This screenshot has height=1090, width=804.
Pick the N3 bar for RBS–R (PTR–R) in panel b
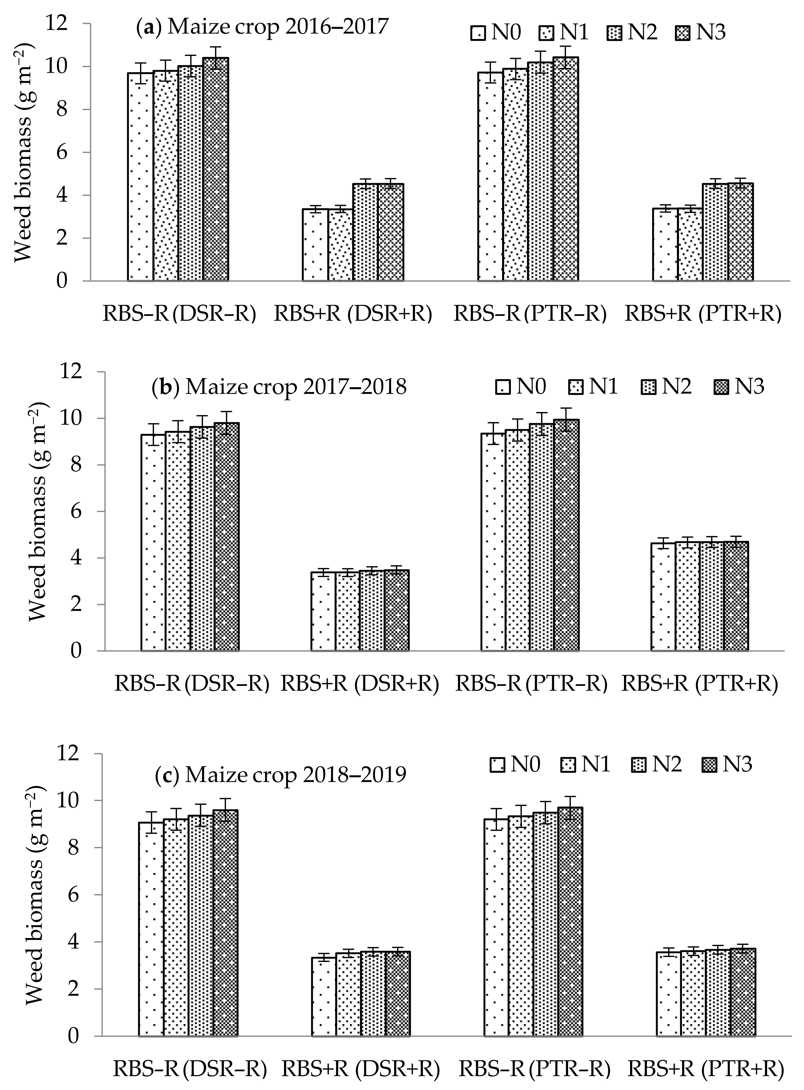point(566,535)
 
